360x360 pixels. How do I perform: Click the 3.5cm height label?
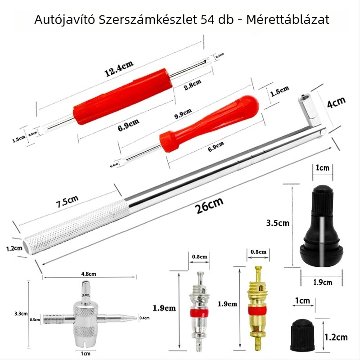[x=278, y=223]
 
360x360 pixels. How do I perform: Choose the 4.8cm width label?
[x=89, y=273]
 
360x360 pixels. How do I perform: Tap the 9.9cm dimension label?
[x=183, y=112]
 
